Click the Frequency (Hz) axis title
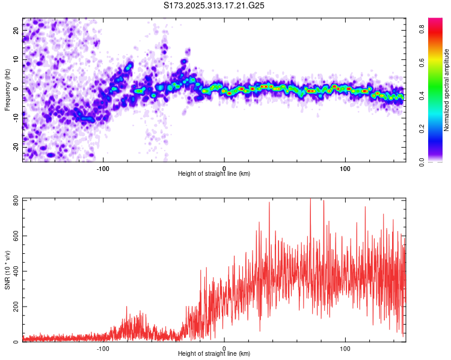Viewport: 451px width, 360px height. tap(7, 89)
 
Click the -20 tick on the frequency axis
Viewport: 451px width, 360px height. tap(16, 146)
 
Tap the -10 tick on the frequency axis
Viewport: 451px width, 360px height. tap(16, 118)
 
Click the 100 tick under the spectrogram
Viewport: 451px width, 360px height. tap(345, 168)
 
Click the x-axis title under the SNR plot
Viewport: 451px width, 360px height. tap(214, 354)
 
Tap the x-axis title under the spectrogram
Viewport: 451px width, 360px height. tap(214, 174)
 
